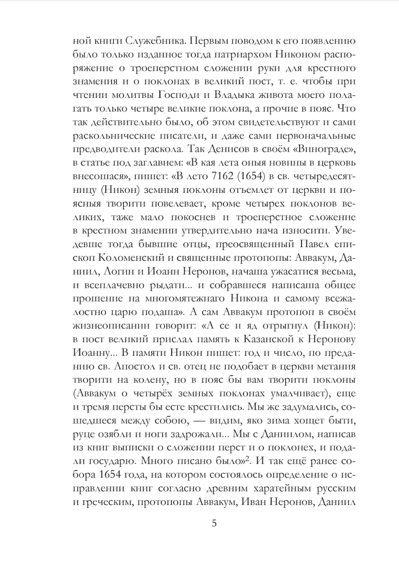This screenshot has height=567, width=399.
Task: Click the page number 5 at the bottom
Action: (214, 523)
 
